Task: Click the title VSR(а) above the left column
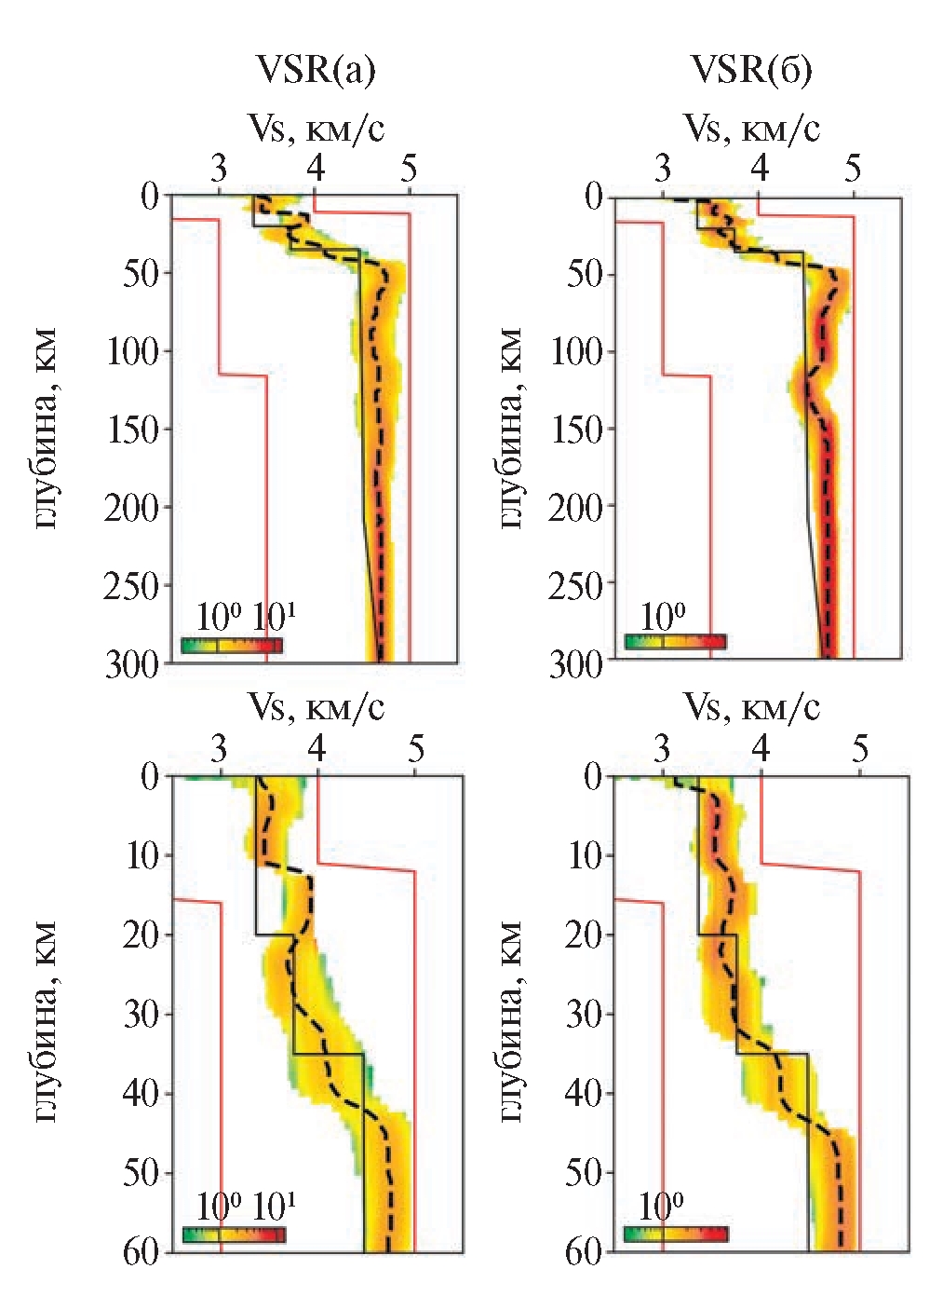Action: point(317,70)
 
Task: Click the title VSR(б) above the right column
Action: point(751,70)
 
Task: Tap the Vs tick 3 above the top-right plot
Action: point(662,171)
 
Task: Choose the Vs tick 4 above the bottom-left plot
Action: point(317,750)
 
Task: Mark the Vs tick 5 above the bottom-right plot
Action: point(860,750)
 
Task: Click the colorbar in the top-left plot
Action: point(232,645)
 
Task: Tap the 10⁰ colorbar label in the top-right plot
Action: point(662,616)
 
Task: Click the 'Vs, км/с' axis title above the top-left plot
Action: point(317,129)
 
